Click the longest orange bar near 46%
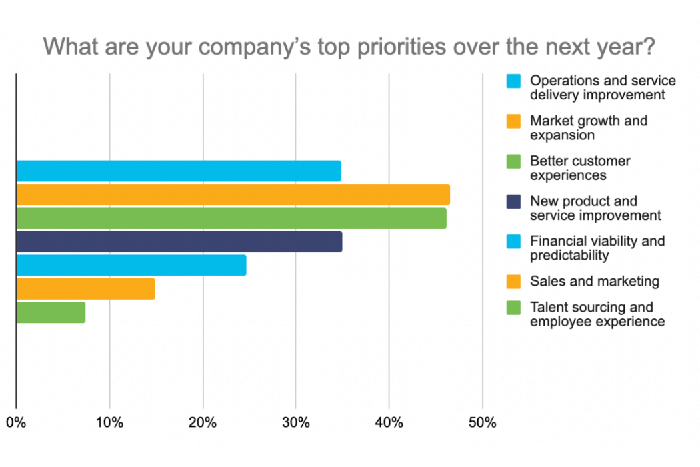(x=233, y=195)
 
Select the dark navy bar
(x=179, y=242)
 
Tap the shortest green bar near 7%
(x=51, y=312)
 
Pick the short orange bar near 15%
(x=85, y=289)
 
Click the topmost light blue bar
(x=178, y=171)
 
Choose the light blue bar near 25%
(x=131, y=265)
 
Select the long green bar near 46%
(x=231, y=219)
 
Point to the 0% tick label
(x=16, y=423)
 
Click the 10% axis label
(x=109, y=423)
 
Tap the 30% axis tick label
(x=296, y=423)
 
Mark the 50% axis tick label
(x=483, y=423)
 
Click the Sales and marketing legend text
(x=594, y=281)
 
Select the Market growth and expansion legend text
(x=588, y=128)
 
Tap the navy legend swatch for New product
(x=513, y=201)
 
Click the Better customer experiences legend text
(x=579, y=168)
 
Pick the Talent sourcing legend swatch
(x=513, y=308)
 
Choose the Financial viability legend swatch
(x=513, y=241)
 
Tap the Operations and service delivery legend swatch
(x=513, y=81)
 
